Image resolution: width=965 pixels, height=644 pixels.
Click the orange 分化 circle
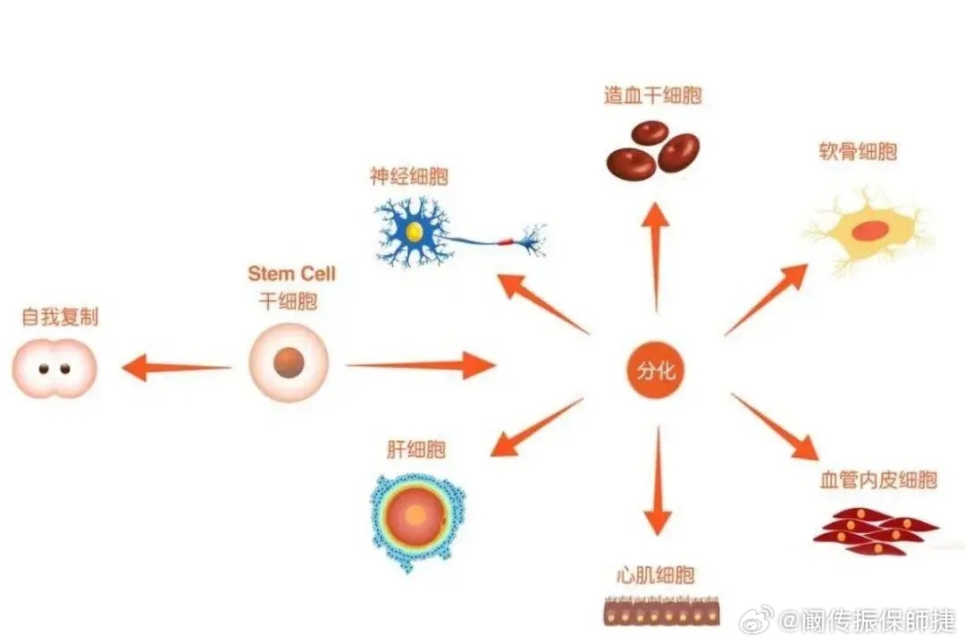click(656, 369)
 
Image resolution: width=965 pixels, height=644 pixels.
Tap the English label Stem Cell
click(291, 273)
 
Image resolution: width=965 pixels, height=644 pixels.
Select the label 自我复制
click(60, 317)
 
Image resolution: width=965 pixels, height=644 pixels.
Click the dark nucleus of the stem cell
click(289, 362)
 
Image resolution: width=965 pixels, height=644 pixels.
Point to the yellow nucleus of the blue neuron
click(415, 232)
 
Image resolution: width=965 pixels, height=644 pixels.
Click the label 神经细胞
click(408, 176)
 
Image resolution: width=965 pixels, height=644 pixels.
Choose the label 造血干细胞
click(652, 95)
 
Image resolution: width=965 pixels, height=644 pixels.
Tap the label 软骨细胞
click(857, 151)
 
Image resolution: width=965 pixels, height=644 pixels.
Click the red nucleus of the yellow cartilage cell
click(869, 231)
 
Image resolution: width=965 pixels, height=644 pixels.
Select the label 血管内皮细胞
click(878, 479)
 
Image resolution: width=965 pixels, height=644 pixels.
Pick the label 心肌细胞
click(656, 575)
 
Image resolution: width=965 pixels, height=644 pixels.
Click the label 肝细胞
click(416, 449)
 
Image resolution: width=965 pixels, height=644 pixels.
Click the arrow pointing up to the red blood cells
click(656, 257)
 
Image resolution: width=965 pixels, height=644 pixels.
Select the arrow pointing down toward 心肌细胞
click(658, 480)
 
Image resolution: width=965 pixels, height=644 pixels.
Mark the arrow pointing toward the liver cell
click(537, 427)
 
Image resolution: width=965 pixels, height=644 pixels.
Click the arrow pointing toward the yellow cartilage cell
click(767, 300)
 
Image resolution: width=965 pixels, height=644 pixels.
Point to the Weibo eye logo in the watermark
click(757, 619)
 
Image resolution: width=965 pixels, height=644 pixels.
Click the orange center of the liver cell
click(415, 514)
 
